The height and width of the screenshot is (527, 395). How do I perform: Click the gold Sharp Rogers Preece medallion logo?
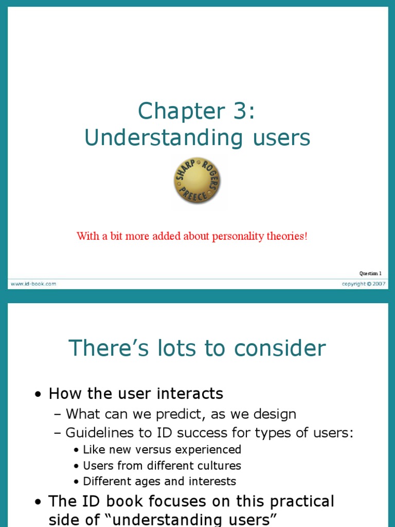tap(197, 181)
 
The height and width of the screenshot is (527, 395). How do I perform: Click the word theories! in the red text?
tap(286, 236)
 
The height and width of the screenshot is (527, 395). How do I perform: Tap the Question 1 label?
tap(370, 273)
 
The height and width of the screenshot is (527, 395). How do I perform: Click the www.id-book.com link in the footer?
tap(32, 284)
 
